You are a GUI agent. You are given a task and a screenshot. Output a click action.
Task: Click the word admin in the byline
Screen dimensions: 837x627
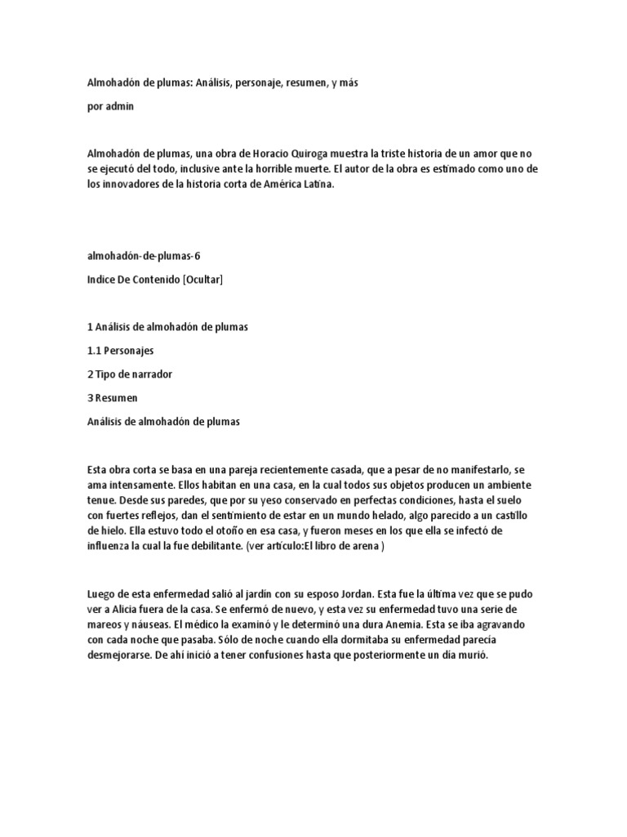119,107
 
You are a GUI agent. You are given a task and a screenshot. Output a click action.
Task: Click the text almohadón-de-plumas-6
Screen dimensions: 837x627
143,256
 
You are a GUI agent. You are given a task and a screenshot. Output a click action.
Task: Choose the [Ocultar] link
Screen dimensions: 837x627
202,280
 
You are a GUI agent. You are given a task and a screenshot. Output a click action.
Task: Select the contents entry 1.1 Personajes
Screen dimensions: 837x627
120,351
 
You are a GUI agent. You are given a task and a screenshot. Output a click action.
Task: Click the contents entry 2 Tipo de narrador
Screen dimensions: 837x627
130,374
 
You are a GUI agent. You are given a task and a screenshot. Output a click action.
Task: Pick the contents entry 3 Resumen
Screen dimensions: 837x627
113,398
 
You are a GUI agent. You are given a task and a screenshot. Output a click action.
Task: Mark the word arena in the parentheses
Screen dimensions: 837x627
365,547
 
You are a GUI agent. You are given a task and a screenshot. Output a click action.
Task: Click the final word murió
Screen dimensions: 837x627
471,656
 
